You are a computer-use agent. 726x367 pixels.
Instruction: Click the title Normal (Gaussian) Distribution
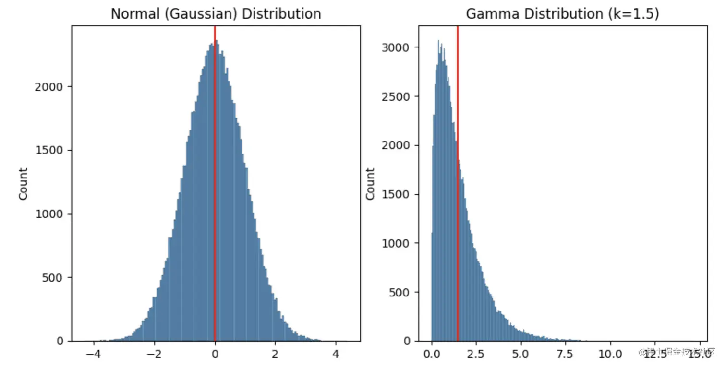coord(216,13)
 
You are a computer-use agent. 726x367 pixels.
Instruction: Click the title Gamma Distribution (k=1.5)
coord(562,13)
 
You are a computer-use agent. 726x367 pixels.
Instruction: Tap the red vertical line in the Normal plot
coord(215,192)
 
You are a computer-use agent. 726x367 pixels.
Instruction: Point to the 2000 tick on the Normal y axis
coord(50,87)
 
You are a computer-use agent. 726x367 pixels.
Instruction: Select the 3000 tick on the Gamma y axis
coord(397,47)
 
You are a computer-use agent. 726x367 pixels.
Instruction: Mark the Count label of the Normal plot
coord(23,184)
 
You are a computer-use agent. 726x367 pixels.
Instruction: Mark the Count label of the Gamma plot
coord(370,184)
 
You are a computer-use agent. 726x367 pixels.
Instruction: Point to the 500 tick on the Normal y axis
coord(53,277)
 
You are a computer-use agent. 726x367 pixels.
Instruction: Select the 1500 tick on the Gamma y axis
coord(397,194)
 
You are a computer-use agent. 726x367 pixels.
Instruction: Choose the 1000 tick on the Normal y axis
coord(50,214)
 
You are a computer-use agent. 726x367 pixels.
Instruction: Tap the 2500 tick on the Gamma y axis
coord(397,96)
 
